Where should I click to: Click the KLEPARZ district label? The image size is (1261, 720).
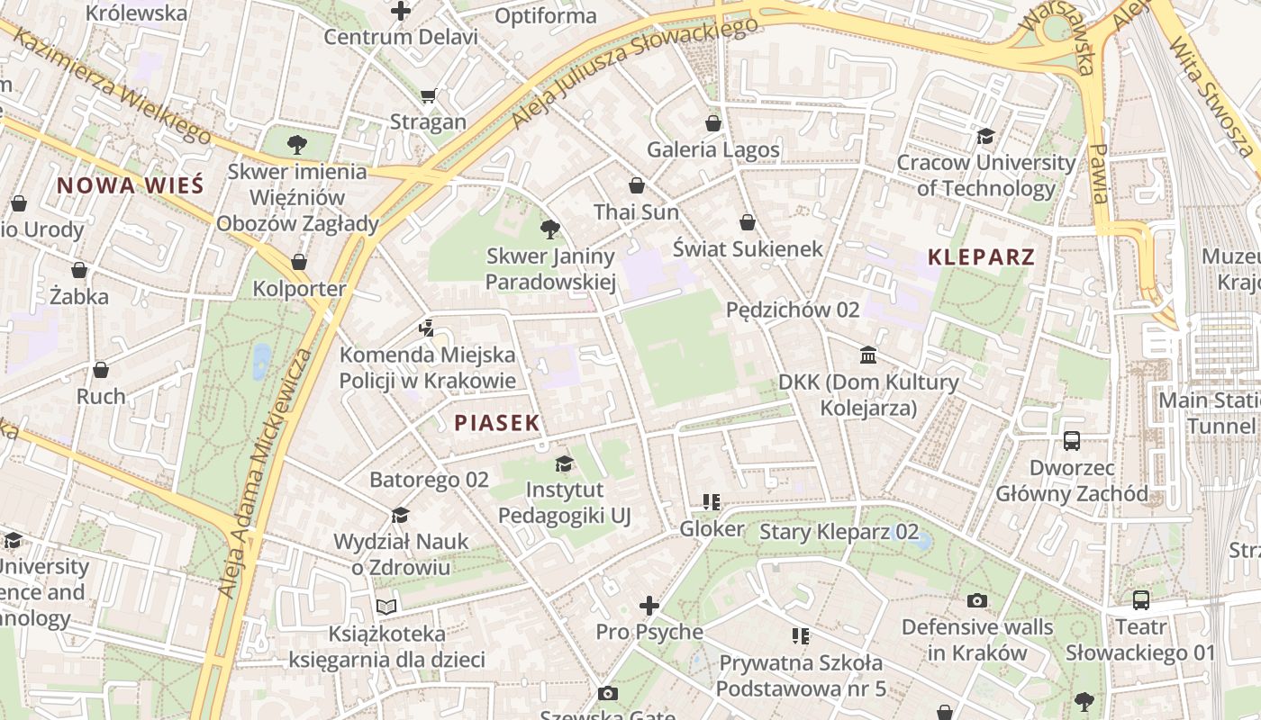981,256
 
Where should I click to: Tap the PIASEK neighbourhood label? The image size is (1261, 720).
496,422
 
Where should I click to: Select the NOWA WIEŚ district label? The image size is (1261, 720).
131,185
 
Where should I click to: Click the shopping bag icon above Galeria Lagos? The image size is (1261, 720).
713,122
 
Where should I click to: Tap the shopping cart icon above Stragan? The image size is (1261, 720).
429,95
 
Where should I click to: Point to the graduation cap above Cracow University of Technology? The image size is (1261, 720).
985,136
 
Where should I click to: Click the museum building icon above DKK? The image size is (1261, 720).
868,355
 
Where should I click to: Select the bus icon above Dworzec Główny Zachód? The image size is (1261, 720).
1072,441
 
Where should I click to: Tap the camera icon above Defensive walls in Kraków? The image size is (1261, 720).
977,600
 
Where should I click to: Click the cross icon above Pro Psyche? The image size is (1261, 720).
649,606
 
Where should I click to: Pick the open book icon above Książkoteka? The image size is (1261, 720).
386,607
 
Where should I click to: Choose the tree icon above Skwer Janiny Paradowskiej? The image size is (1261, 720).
550,229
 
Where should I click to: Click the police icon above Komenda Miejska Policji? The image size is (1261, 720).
427,328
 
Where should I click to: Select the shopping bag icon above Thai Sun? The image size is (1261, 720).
637,185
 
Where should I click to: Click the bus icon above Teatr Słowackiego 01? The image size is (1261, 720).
1140,600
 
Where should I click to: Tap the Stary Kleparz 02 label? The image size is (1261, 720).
839,532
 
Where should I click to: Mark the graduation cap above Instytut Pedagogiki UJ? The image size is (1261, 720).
564,463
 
